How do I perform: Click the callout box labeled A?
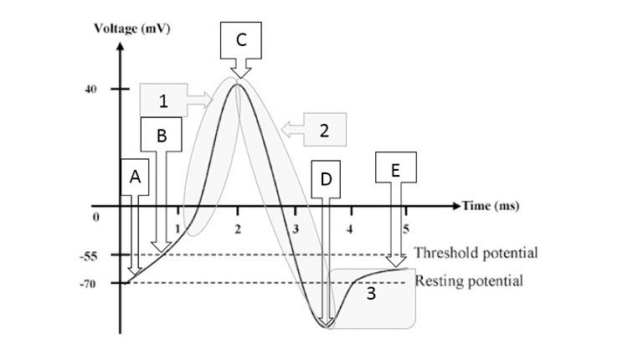click(x=134, y=177)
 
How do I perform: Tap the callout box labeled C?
click(x=241, y=39)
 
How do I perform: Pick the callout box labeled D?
click(x=325, y=179)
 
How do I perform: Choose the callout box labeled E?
click(x=394, y=169)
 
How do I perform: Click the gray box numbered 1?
click(x=164, y=100)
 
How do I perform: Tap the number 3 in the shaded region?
click(x=370, y=295)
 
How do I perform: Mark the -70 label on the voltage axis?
click(x=91, y=284)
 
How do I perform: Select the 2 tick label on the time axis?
click(x=239, y=228)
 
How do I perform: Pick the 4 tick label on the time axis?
click(x=350, y=228)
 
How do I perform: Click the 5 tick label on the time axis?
click(x=406, y=228)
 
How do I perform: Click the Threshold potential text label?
click(x=476, y=253)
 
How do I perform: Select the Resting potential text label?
click(x=469, y=281)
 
